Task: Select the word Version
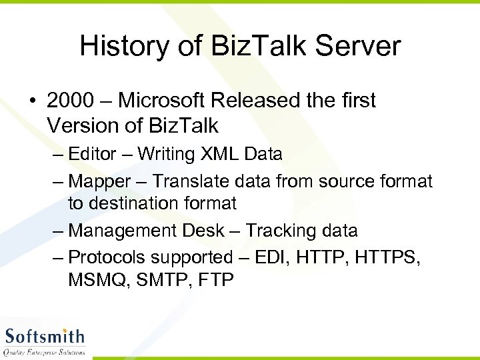pyautogui.click(x=84, y=125)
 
